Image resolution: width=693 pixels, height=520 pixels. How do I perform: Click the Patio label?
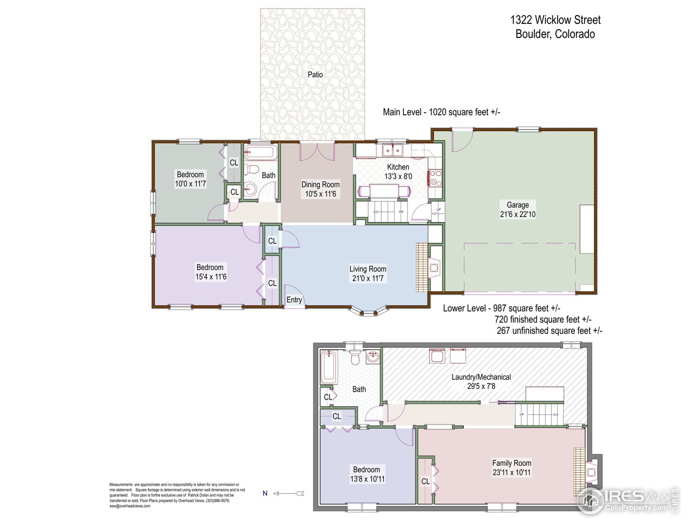[x=315, y=75]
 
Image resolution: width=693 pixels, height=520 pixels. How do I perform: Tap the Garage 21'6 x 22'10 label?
[x=518, y=210]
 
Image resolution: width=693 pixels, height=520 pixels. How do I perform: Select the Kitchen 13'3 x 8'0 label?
[x=398, y=172]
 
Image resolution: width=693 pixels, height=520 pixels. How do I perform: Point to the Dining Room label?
[x=321, y=189]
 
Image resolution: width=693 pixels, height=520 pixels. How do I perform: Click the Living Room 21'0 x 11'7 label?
[x=368, y=274]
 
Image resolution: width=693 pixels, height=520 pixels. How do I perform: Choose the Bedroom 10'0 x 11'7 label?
[x=190, y=179]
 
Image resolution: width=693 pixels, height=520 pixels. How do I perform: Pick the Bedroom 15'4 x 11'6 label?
[x=210, y=272]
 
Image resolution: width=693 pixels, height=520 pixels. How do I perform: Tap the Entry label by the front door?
[x=294, y=300]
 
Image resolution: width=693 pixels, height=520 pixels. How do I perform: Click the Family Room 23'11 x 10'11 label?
[x=512, y=467]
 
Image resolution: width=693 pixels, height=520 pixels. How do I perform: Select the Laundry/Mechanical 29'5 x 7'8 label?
[x=481, y=381]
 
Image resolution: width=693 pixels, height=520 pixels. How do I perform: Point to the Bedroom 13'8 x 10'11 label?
[x=367, y=474]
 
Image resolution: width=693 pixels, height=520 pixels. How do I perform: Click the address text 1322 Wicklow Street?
[x=555, y=20]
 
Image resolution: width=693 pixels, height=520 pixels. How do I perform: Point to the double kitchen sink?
[x=393, y=149]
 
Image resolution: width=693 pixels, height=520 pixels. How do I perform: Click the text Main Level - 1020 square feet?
[x=441, y=112]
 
